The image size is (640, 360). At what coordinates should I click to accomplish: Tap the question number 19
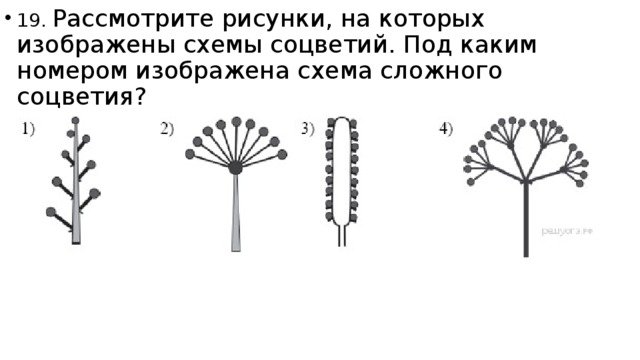[x=31, y=21]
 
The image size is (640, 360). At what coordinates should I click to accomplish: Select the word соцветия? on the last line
[x=81, y=97]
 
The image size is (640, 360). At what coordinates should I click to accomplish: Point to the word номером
[x=72, y=71]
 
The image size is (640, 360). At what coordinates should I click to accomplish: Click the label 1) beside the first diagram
[x=28, y=129]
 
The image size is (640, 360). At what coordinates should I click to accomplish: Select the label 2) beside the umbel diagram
[x=167, y=129]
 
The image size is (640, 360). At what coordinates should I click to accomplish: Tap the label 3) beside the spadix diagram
[x=308, y=129]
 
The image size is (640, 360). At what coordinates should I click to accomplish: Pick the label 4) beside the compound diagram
[x=446, y=129]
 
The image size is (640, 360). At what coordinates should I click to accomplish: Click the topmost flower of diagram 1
[x=76, y=120]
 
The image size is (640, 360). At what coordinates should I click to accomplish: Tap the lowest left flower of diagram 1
[x=51, y=212]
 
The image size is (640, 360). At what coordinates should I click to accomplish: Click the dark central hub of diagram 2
[x=235, y=168]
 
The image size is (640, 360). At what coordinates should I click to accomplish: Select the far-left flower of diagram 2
[x=190, y=154]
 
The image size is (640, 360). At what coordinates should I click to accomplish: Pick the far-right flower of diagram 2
[x=282, y=154]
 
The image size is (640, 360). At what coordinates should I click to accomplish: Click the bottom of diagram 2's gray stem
[x=236, y=251]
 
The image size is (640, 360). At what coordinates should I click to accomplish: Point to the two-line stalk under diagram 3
[x=342, y=235]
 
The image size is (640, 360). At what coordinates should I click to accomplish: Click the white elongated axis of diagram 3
[x=342, y=171]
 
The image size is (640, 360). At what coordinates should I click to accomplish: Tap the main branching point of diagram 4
[x=526, y=181]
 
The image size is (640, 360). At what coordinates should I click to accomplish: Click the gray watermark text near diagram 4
[x=567, y=231]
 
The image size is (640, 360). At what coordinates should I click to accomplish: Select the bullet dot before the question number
[x=7, y=18]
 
